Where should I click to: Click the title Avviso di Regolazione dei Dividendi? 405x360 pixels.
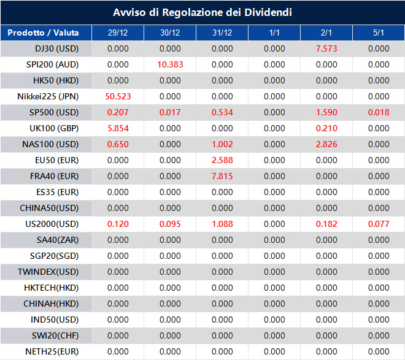click(x=202, y=12)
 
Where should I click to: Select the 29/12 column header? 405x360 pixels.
click(x=118, y=33)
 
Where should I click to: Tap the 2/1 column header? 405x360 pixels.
click(x=326, y=33)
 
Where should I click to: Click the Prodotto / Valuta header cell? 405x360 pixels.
click(x=46, y=33)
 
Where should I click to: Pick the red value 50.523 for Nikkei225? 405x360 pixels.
click(x=118, y=96)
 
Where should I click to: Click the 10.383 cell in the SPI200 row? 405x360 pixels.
click(x=170, y=64)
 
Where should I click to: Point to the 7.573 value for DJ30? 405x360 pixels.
click(x=326, y=48)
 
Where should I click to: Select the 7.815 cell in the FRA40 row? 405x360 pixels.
click(x=222, y=176)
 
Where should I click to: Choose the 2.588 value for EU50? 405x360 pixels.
click(x=222, y=160)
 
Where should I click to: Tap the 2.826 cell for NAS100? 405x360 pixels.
click(x=326, y=144)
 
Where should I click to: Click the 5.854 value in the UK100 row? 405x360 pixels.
click(x=118, y=128)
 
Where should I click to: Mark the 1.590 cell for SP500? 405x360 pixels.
click(x=326, y=112)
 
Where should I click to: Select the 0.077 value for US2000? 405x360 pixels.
click(x=379, y=224)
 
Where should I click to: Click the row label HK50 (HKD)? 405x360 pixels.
click(x=56, y=80)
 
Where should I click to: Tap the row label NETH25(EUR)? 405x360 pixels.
click(x=52, y=351)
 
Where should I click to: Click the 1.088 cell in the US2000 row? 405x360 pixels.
click(x=222, y=224)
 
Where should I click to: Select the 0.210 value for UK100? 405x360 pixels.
click(x=326, y=128)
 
